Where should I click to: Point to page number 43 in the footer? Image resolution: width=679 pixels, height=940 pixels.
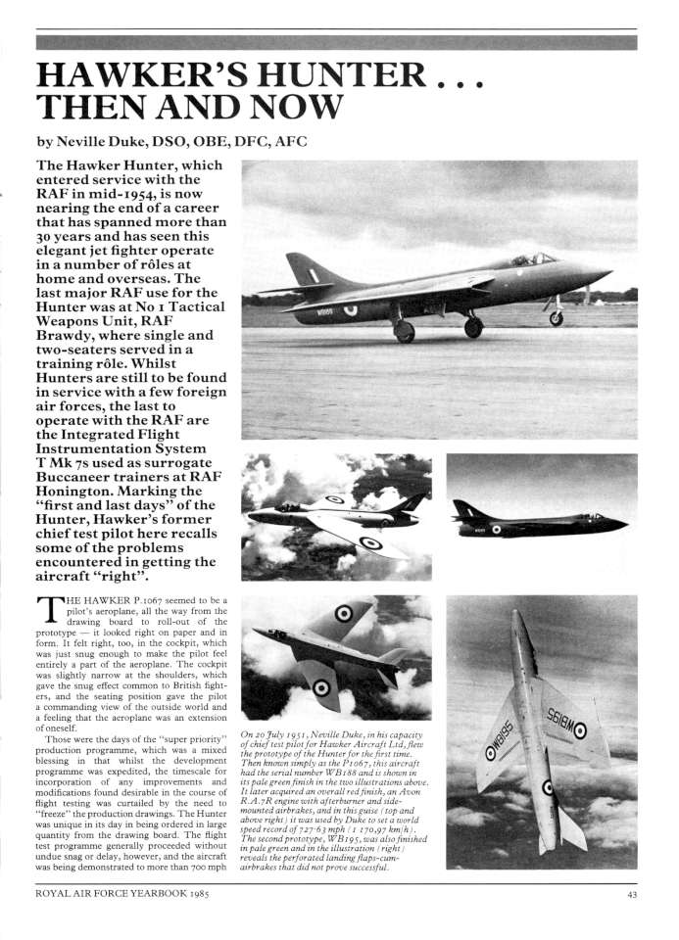635,892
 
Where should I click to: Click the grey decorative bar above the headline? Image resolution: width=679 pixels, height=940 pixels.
335,43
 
